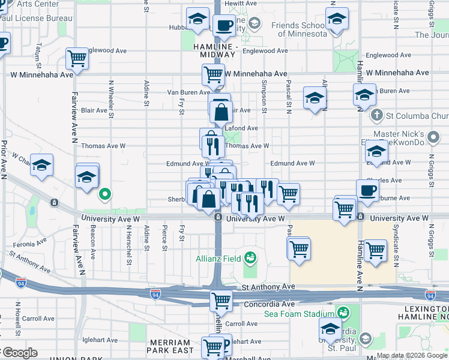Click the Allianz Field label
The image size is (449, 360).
coord(218,259)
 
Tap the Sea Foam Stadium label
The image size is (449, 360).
coord(300,313)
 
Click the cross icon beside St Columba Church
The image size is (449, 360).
coord(377,115)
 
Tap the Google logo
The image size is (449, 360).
coord(19,352)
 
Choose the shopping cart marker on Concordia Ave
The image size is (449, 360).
coord(221,299)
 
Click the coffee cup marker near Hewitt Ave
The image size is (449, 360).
coord(224,25)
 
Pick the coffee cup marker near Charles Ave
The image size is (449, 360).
coord(367,190)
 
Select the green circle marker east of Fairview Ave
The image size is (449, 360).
coord(105,194)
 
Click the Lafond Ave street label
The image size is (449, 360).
coord(241,128)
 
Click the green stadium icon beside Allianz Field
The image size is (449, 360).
coord(250,259)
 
